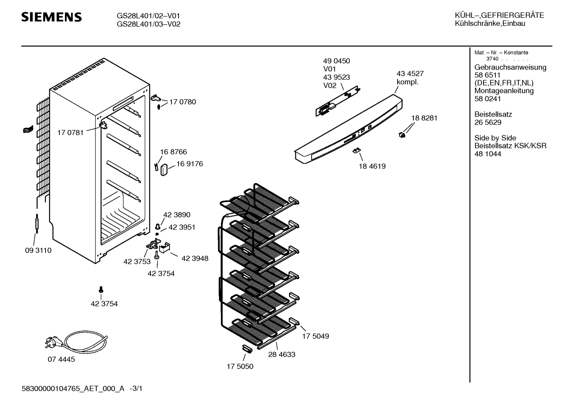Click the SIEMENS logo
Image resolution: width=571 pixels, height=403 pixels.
pyautogui.click(x=51, y=17)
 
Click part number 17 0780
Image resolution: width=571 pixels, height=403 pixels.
pyautogui.click(x=183, y=102)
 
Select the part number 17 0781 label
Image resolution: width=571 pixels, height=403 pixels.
pyautogui.click(x=70, y=133)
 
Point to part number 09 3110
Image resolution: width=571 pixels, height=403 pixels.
pyautogui.click(x=38, y=250)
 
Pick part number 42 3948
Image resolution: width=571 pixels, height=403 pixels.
pyautogui.click(x=195, y=259)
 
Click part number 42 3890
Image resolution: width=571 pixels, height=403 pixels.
pyautogui.click(x=177, y=215)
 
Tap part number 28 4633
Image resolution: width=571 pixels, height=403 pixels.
pyautogui.click(x=282, y=355)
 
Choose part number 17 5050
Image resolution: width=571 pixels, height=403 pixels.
pyautogui.click(x=240, y=367)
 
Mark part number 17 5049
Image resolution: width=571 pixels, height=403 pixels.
pyautogui.click(x=316, y=336)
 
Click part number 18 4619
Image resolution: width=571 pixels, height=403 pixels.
pyautogui.click(x=372, y=166)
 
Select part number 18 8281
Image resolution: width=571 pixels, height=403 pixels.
pyautogui.click(x=424, y=118)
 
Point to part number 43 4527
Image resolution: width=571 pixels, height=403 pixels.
pyautogui.click(x=410, y=74)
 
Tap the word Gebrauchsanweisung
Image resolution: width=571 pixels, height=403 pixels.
pyautogui.click(x=510, y=67)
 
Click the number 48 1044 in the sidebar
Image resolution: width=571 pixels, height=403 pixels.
pyautogui.click(x=487, y=154)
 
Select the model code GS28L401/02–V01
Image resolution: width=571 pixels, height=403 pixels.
pyautogui.click(x=148, y=16)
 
